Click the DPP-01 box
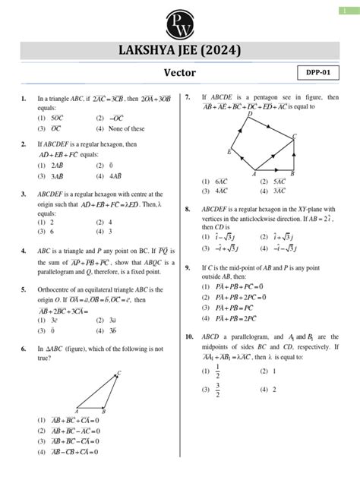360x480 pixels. [318, 73]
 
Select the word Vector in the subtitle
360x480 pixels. [180, 73]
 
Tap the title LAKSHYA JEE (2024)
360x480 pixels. [180, 51]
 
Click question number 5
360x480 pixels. [24, 289]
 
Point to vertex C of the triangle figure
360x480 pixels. [119, 373]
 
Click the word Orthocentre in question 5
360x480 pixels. [54, 289]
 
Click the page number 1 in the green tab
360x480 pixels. [354, 10]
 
